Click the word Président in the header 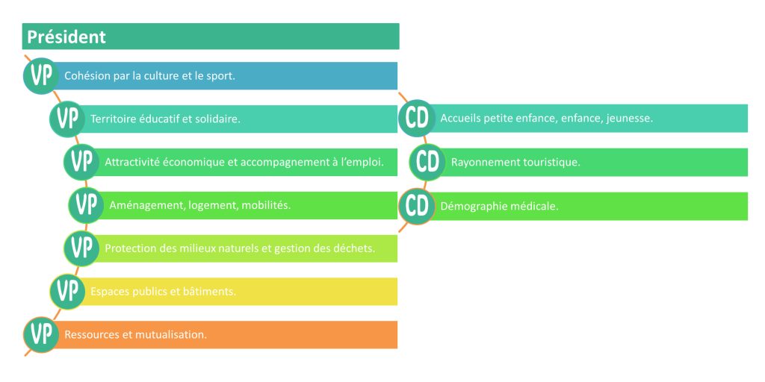[x=66, y=37]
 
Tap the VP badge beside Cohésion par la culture [x=41, y=75]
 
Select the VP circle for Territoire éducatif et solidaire [x=67, y=119]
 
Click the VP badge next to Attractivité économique [x=81, y=162]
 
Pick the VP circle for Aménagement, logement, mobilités [x=86, y=205]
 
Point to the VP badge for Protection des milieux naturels [x=81, y=248]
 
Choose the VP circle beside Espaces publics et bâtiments [x=67, y=291]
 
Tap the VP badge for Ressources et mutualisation [x=41, y=334]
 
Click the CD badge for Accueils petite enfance [x=417, y=118]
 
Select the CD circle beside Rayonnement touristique [x=427, y=162]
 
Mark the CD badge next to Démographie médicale [x=417, y=206]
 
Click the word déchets [x=355, y=248]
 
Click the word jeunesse [x=630, y=119]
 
